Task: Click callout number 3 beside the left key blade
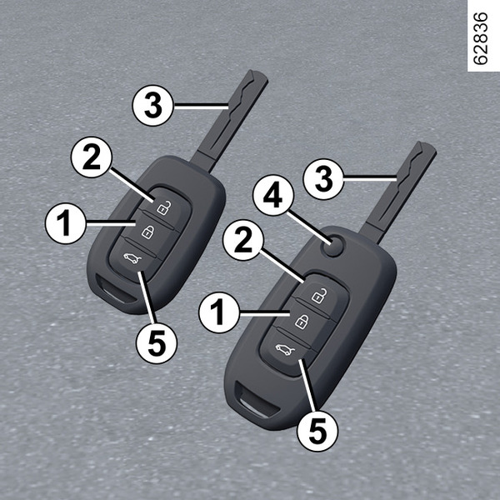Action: [x=153, y=105]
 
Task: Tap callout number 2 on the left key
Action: [x=92, y=157]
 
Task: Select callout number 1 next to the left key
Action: [x=66, y=223]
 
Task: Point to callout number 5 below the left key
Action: [x=157, y=343]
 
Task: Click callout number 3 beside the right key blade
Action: [x=323, y=179]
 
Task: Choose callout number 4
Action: [x=273, y=195]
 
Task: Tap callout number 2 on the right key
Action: [x=243, y=240]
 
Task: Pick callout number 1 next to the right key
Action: [x=218, y=312]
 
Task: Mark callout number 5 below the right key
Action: [x=317, y=431]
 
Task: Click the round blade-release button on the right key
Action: [x=334, y=246]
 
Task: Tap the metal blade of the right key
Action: [x=399, y=192]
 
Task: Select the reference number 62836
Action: [x=480, y=38]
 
